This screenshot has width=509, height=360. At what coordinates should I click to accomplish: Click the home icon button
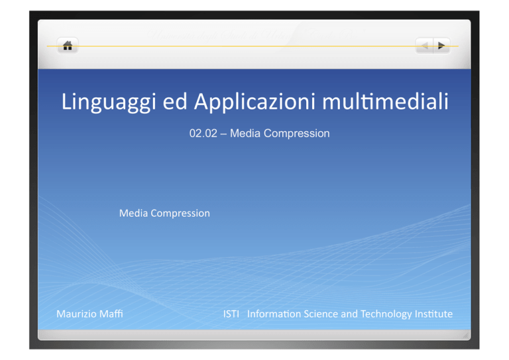[68, 46]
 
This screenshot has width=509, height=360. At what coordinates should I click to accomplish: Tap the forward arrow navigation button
[441, 46]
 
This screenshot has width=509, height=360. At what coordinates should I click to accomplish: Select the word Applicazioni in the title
[254, 102]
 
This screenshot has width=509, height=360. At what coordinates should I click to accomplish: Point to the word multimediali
[385, 101]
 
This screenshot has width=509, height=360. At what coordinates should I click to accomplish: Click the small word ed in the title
[175, 101]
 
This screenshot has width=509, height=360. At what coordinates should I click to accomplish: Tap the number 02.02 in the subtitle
[203, 133]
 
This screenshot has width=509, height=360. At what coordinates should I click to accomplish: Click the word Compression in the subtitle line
[296, 133]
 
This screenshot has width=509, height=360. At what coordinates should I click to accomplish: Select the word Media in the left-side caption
[133, 213]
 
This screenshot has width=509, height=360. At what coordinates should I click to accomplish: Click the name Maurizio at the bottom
[77, 314]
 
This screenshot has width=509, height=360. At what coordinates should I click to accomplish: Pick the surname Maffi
[111, 314]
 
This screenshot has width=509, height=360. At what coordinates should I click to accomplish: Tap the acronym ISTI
[231, 314]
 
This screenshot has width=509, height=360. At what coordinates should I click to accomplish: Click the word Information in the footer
[274, 314]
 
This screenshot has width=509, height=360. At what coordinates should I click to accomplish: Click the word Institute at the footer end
[433, 314]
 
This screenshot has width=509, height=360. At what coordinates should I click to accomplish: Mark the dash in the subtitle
[223, 134]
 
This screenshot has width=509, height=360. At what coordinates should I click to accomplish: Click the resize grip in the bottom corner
[465, 335]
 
